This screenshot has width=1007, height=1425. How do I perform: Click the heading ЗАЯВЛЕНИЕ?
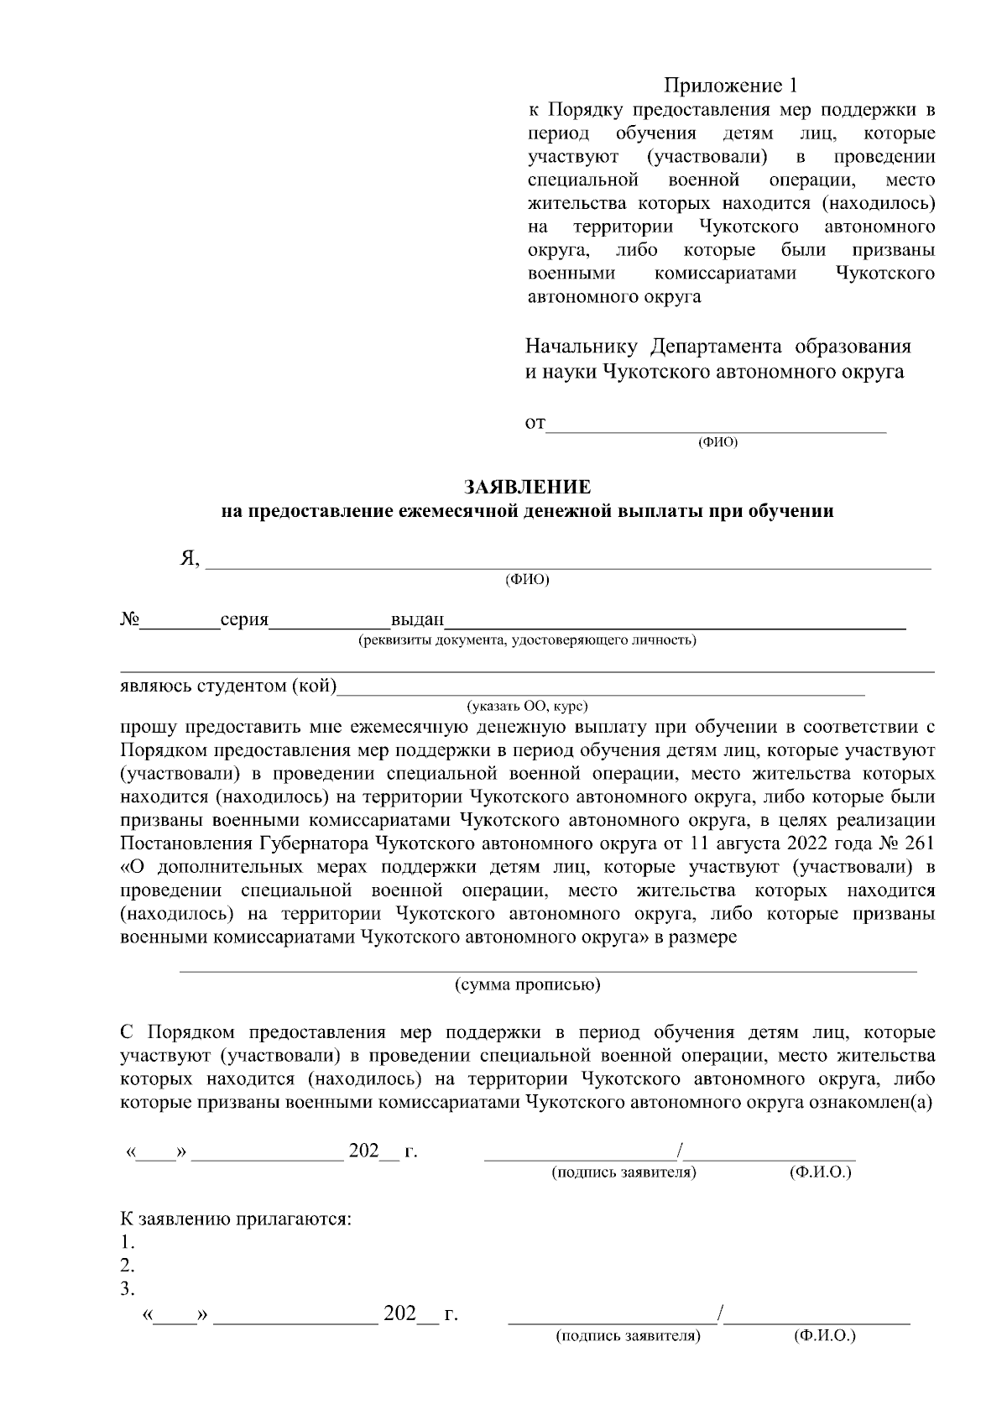click(x=528, y=487)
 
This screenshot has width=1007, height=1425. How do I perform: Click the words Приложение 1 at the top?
click(x=729, y=86)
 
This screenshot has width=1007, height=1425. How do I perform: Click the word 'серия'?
click(x=243, y=620)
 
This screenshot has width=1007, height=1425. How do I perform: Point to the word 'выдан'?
click(x=417, y=620)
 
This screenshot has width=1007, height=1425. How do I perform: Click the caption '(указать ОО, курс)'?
click(x=527, y=707)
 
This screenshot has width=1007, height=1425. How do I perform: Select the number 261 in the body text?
click(x=921, y=843)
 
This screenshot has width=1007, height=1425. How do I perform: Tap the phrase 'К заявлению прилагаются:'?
click(x=236, y=1219)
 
